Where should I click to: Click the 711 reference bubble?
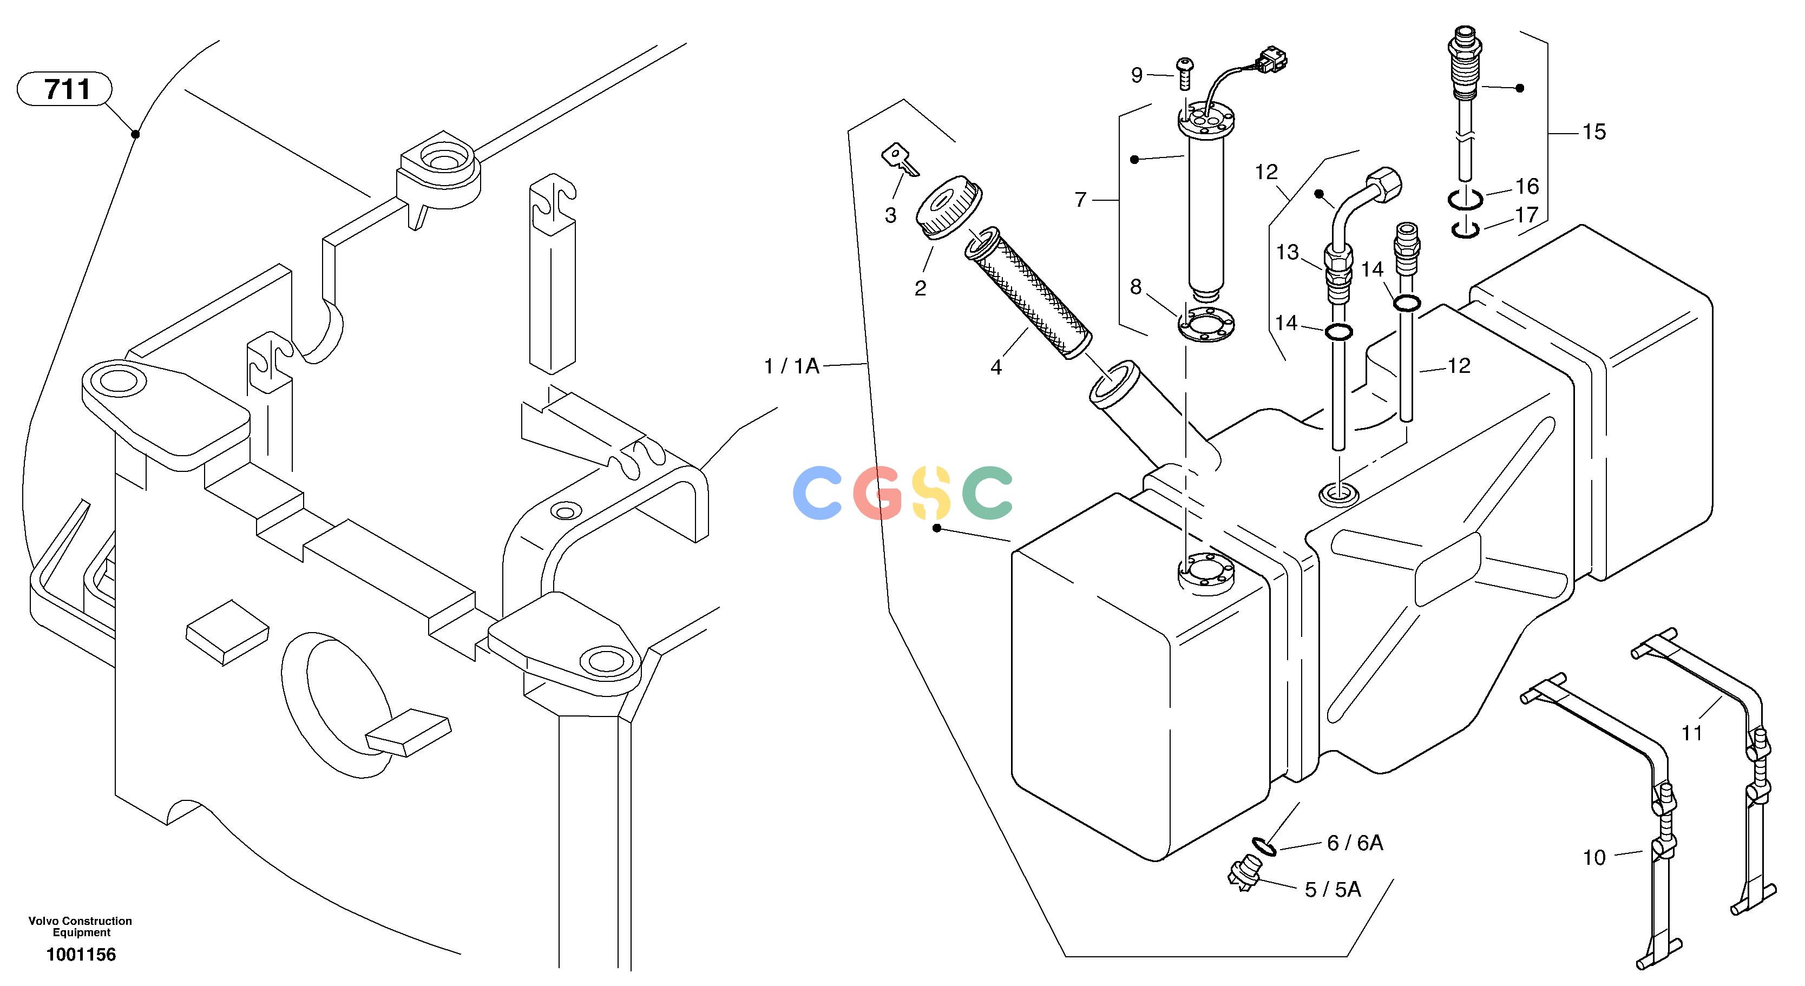tap(64, 89)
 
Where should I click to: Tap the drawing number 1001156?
tap(81, 955)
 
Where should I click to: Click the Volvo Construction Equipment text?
tap(81, 926)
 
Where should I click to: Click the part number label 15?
tap(1594, 132)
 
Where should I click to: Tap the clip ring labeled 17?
tap(1465, 229)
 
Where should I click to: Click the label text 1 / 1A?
tap(792, 366)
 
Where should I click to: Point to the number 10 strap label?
tap(1594, 857)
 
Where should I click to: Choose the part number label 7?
tap(1080, 200)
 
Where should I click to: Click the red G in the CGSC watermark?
tap(878, 494)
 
